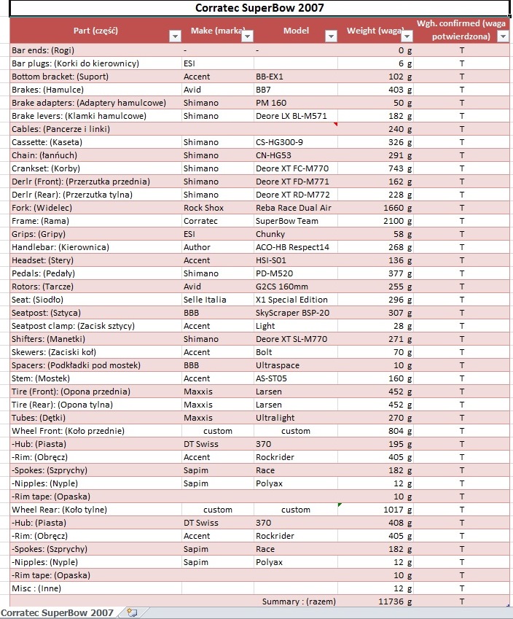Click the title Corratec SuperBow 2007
(260, 8)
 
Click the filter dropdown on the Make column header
(247, 36)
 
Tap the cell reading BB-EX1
(270, 77)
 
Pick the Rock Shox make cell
(204, 208)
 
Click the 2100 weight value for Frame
(393, 221)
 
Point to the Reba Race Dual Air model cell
(294, 208)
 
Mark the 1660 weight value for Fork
(393, 208)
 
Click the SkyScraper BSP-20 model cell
(292, 313)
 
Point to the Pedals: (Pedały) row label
(46, 273)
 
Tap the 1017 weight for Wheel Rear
(393, 510)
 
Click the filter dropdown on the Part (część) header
(174, 36)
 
